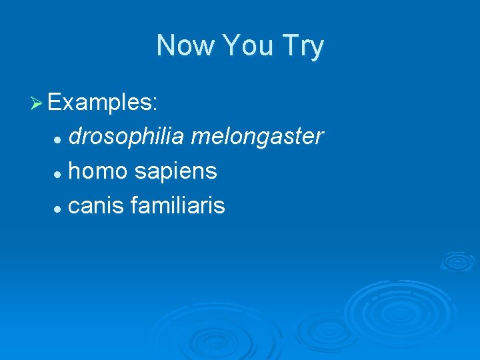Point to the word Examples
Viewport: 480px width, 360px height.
point(102,103)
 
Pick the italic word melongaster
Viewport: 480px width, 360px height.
point(257,137)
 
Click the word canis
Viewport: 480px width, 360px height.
point(97,206)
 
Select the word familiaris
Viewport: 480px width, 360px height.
point(178,206)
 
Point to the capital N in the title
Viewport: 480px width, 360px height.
point(164,46)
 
